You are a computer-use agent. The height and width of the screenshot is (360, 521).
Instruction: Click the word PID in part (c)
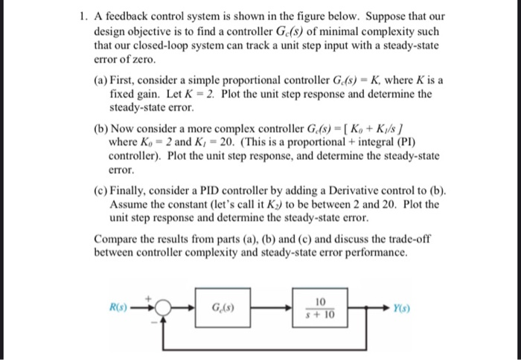pos(218,190)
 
